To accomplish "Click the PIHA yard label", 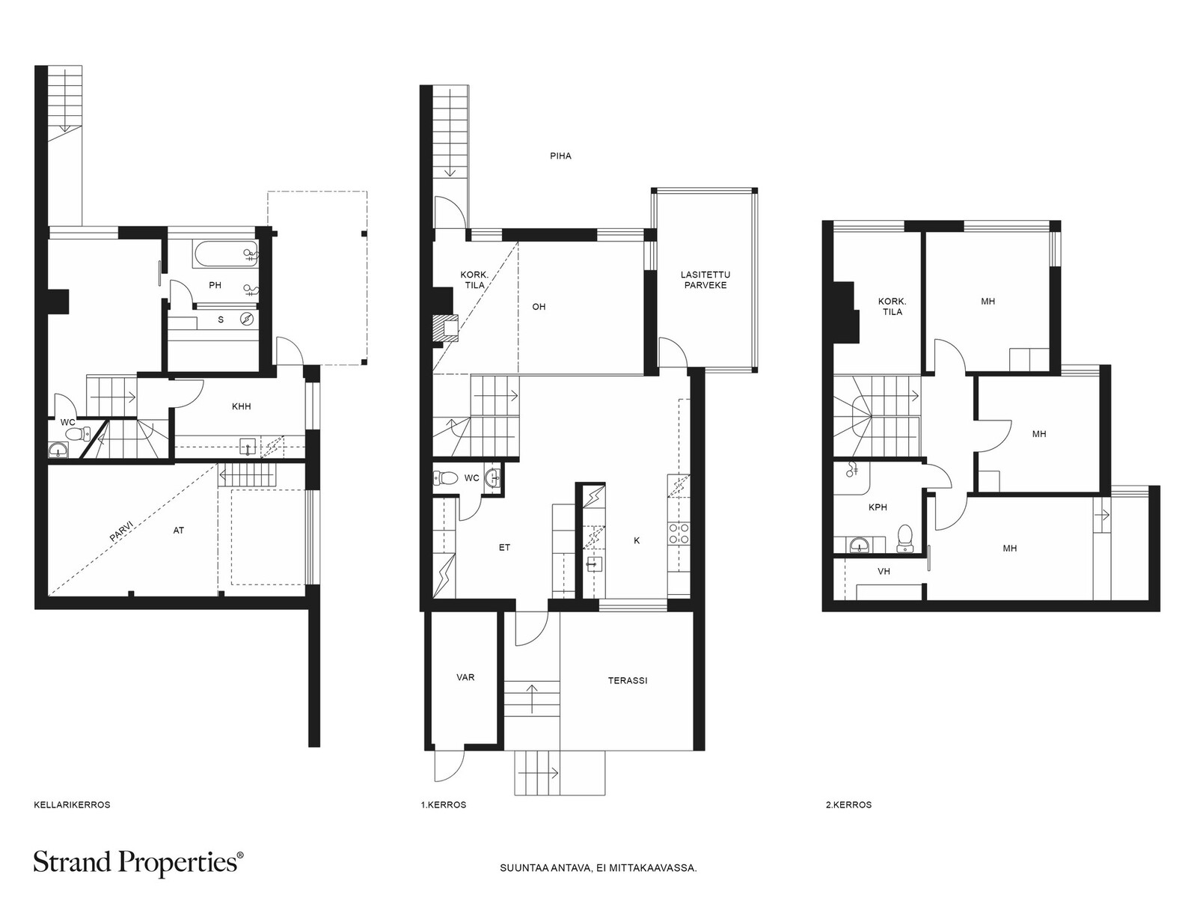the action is point(560,156).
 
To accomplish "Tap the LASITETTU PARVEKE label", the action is point(705,280).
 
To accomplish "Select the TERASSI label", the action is point(628,680).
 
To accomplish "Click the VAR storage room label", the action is point(466,677).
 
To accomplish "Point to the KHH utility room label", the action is point(241,406).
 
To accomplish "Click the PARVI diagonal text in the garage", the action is point(122,530).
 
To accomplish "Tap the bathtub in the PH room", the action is point(225,254).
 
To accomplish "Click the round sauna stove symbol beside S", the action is point(247,319).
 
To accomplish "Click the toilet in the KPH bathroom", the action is point(904,539).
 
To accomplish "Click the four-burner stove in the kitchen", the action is point(679,534).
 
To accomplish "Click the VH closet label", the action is point(884,572).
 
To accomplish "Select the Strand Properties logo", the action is point(138,863).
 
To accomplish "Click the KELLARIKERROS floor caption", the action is point(72,804).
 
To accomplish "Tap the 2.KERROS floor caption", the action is point(848,804).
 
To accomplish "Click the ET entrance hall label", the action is point(504,548).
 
